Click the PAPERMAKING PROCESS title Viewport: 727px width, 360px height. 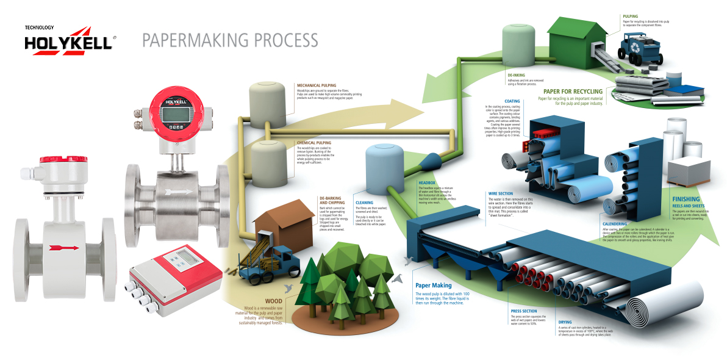pos(230,40)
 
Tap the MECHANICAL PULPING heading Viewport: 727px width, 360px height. pos(316,85)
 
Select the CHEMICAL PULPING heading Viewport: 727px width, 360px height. pos(314,143)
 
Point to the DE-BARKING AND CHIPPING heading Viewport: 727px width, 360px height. pos(333,201)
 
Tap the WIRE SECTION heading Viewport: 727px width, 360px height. pos(501,193)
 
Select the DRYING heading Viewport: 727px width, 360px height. pos(565,322)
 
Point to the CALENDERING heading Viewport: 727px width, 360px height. pos(614,224)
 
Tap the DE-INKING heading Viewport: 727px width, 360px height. pos(516,75)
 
